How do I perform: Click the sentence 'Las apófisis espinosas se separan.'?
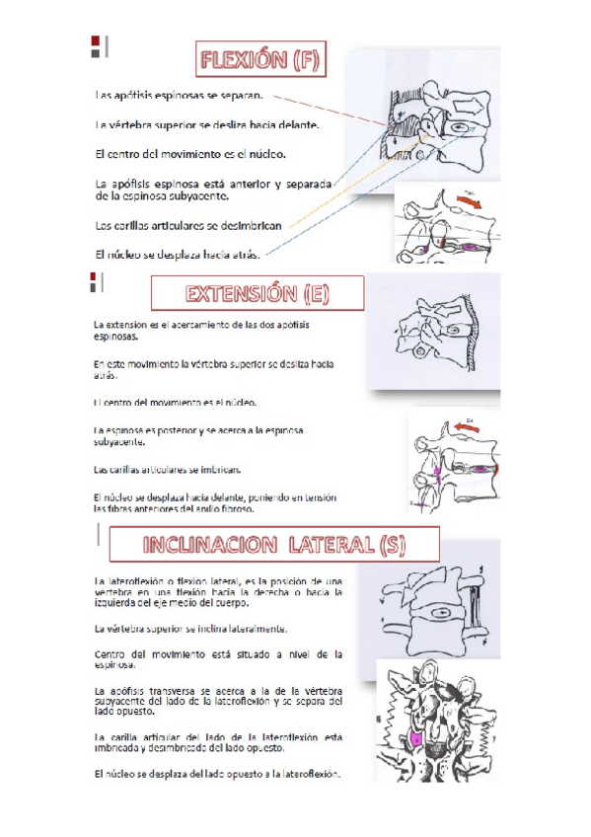point(179,97)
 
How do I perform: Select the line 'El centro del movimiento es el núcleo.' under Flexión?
point(189,155)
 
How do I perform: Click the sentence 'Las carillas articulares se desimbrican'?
point(188,225)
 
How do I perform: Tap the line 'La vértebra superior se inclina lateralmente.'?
point(190,628)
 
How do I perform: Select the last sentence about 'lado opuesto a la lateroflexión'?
point(216,774)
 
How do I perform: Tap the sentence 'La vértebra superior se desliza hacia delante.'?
point(206,126)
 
